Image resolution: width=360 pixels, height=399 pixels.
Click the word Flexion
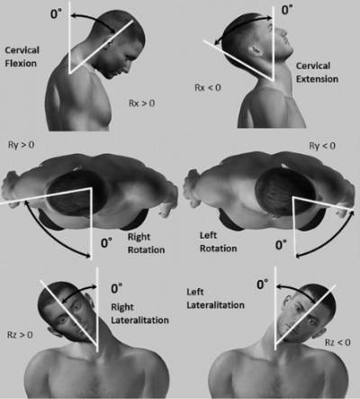pyautogui.click(x=21, y=63)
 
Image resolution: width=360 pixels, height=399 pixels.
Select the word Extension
pyautogui.click(x=317, y=79)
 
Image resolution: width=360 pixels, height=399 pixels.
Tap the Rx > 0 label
pyautogui.click(x=141, y=104)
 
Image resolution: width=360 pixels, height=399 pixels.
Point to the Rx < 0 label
pyautogui.click(x=208, y=87)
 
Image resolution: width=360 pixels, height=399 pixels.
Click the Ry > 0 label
pyautogui.click(x=21, y=145)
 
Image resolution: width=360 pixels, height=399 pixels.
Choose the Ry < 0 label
pyautogui.click(x=322, y=146)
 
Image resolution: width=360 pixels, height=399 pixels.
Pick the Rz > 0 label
pyautogui.click(x=20, y=335)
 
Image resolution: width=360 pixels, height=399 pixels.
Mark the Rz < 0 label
pyautogui.click(x=337, y=342)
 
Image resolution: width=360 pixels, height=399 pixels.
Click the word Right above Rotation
pyautogui.click(x=139, y=237)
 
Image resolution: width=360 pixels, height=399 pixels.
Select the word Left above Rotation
pyautogui.click(x=208, y=235)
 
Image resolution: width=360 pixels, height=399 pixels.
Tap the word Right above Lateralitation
pyautogui.click(x=122, y=307)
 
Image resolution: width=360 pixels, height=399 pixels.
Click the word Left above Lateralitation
pyautogui.click(x=195, y=292)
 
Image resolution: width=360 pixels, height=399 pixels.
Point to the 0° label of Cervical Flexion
pyautogui.click(x=56, y=14)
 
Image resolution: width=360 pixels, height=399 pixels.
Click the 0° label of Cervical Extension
pyautogui.click(x=287, y=10)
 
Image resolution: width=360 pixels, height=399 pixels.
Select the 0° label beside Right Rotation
pyautogui.click(x=106, y=242)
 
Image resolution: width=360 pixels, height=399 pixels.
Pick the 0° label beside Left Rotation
pyautogui.click(x=281, y=245)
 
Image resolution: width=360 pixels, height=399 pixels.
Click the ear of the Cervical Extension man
pyautogui.click(x=256, y=50)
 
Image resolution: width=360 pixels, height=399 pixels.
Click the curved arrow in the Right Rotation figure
pyautogui.click(x=50, y=236)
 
